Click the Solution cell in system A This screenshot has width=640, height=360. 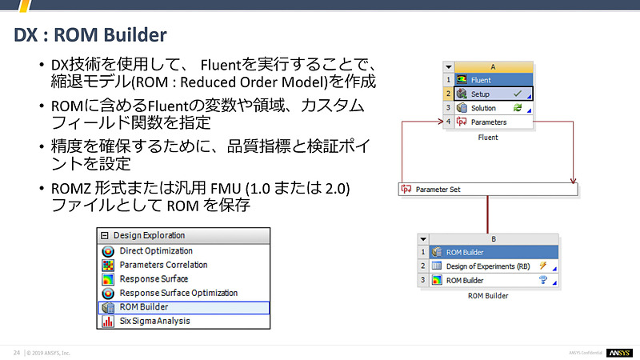coord(483,108)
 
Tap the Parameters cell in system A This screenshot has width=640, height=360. coord(488,122)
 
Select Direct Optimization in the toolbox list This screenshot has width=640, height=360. coord(155,250)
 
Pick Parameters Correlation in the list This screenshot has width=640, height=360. coord(163,265)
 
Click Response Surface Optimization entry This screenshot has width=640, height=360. coord(178,293)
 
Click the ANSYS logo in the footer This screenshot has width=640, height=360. coord(618,353)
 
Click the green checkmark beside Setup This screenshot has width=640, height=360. coord(517,94)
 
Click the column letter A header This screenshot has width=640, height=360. coord(493,67)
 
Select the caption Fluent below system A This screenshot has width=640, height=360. coord(487,138)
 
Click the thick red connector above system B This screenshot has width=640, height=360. coord(488,214)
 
